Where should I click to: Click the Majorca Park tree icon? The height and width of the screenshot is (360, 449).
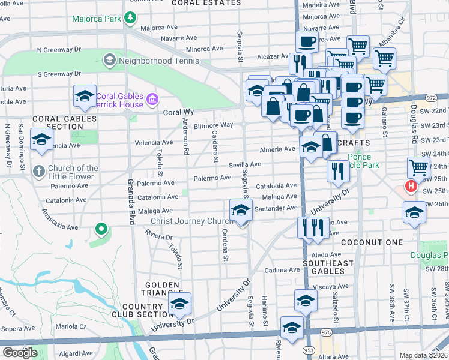click(130, 18)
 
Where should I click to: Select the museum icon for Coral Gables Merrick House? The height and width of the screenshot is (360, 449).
click(152, 98)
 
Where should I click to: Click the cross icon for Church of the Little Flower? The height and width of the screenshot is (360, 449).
click(38, 170)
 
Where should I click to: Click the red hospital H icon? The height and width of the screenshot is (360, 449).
click(411, 186)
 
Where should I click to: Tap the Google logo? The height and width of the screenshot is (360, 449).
click(19, 352)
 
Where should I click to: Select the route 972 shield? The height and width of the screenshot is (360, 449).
click(431, 97)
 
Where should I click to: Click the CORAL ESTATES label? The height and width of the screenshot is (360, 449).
click(196, 3)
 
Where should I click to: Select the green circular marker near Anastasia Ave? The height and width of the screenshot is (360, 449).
click(101, 228)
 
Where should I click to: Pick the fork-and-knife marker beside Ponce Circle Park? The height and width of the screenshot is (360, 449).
click(338, 171)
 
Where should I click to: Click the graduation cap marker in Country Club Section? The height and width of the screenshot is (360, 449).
click(179, 304)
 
